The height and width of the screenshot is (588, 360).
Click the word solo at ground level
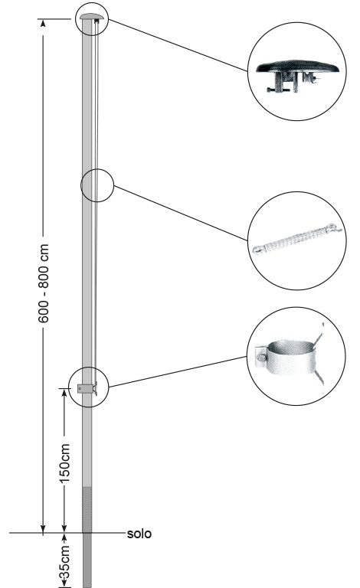[139, 534]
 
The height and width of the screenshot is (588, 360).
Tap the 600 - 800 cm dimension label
[44, 283]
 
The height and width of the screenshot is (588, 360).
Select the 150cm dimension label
[65, 463]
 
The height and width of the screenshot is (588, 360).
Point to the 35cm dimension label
[65, 563]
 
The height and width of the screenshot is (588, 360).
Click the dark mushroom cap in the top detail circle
[297, 67]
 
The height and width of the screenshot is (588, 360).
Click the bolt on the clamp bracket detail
[261, 358]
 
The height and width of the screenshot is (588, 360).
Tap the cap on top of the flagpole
[91, 17]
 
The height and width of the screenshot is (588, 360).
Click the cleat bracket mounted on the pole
[87, 388]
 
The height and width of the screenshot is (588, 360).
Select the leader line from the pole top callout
[178, 45]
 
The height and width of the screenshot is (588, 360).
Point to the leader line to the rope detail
[180, 213]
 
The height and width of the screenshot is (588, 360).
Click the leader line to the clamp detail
[178, 371]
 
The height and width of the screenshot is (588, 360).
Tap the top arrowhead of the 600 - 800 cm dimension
[43, 23]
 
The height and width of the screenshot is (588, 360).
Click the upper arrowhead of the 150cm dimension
[64, 393]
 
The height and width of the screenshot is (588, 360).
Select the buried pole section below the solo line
[87, 560]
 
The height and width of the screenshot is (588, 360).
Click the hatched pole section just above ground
[87, 509]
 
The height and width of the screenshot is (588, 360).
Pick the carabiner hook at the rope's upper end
[335, 227]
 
